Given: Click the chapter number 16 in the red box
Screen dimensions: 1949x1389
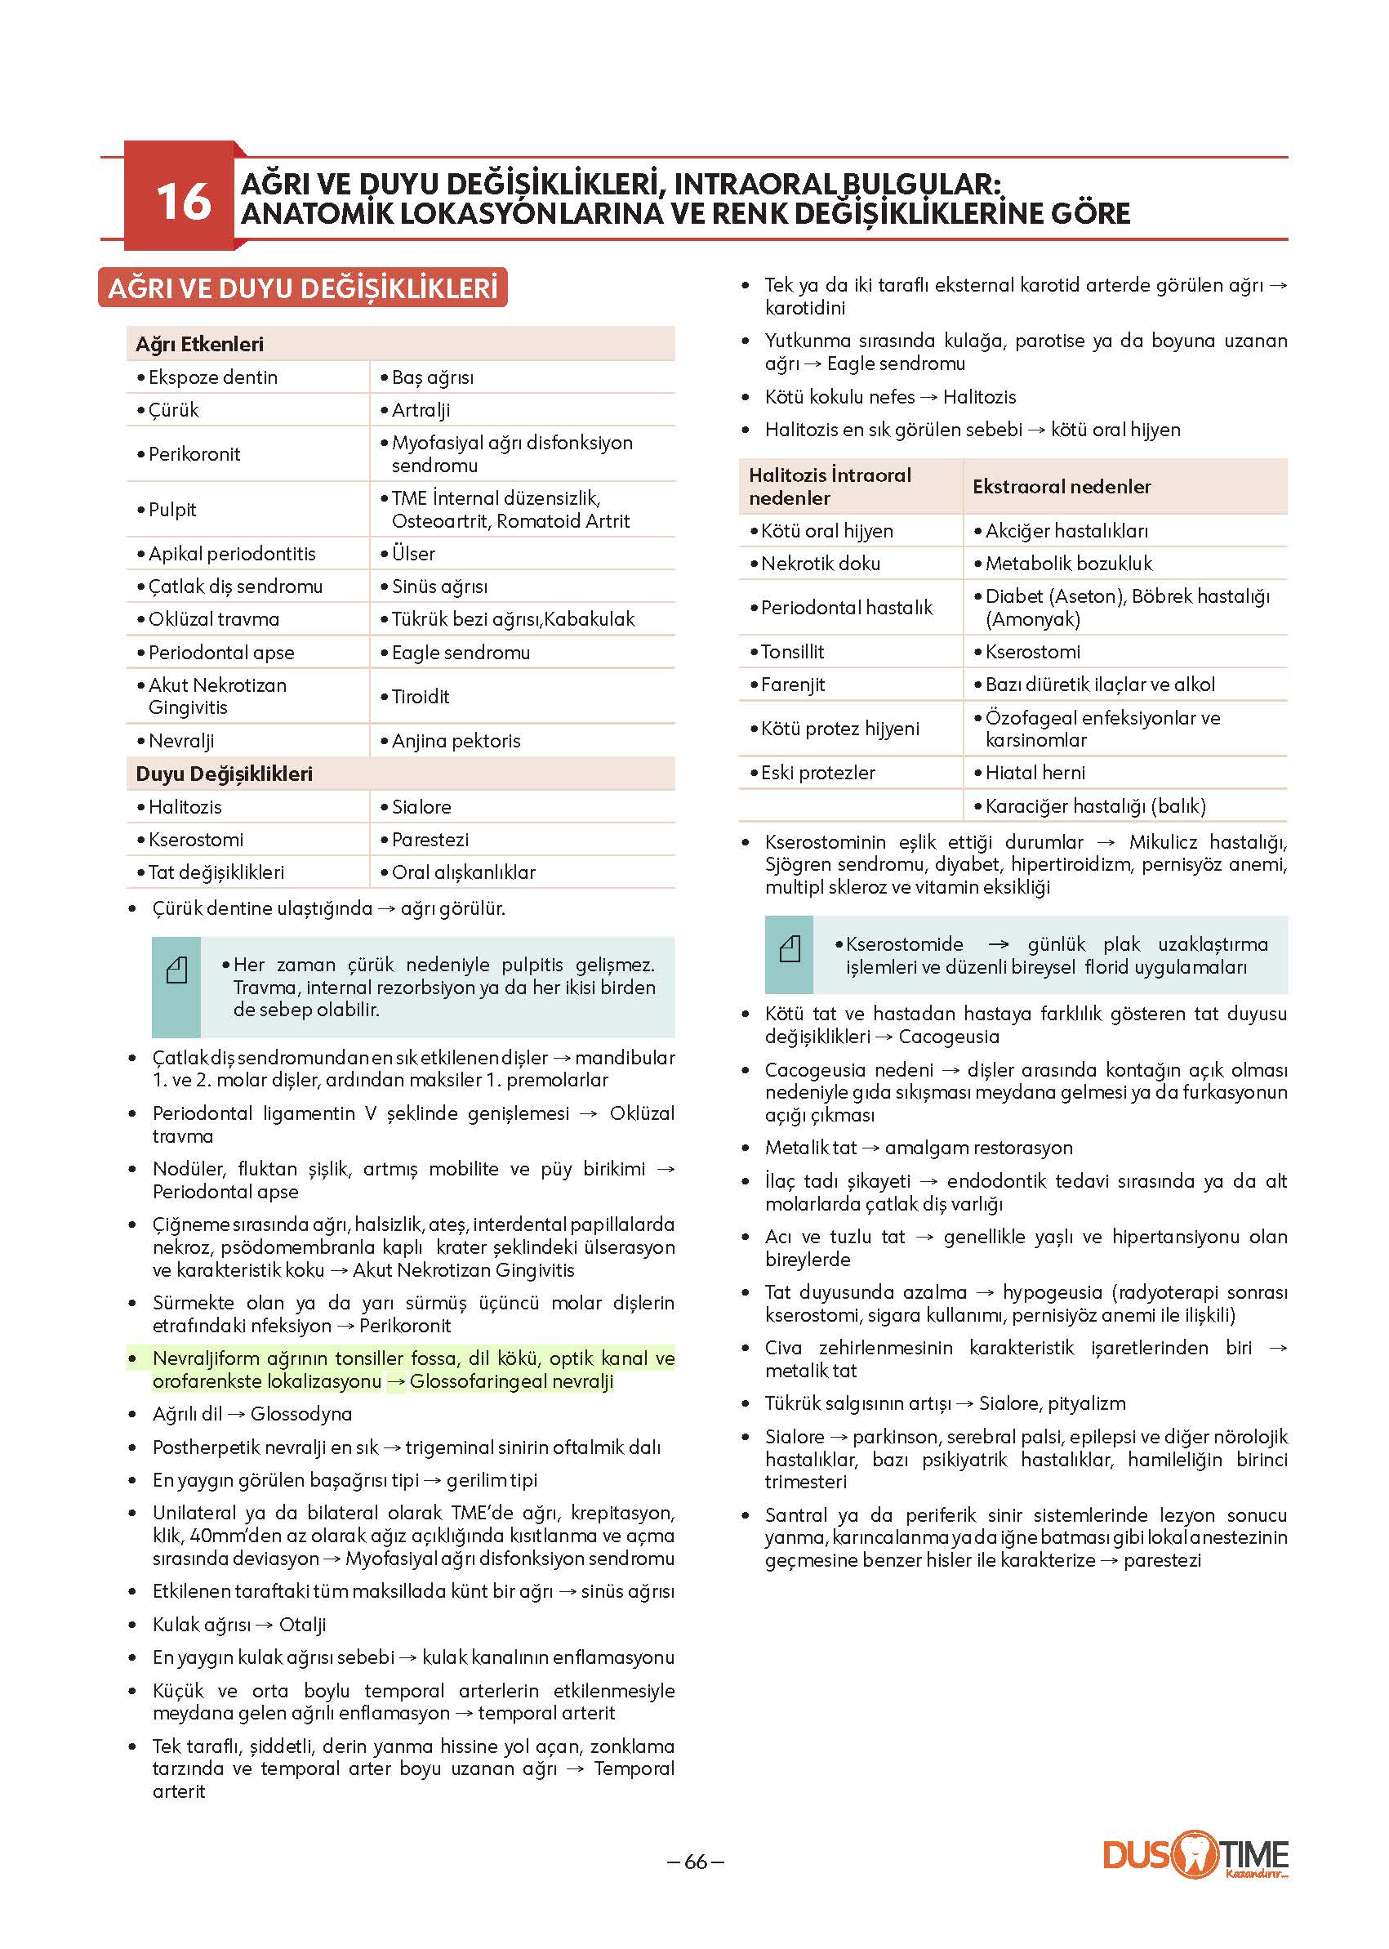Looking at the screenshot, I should [x=183, y=202].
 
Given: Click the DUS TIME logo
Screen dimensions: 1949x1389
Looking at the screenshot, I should [x=1195, y=1855].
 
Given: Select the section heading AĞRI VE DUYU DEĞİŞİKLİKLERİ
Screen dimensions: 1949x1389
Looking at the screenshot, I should [x=303, y=288].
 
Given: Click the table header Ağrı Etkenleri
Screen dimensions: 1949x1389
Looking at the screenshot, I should [x=199, y=344].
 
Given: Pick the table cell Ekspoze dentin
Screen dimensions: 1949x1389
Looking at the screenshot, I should [x=213, y=377].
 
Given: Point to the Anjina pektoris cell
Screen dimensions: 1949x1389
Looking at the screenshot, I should [x=456, y=741].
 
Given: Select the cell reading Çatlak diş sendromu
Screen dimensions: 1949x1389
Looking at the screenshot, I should [x=235, y=586].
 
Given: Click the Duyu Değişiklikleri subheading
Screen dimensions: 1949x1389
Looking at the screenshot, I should [x=224, y=774].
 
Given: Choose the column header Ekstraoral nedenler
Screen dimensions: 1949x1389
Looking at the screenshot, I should [x=1062, y=486].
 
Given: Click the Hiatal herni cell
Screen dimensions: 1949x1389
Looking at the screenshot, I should [x=1035, y=773].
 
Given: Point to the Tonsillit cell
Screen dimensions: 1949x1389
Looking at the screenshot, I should [x=792, y=652].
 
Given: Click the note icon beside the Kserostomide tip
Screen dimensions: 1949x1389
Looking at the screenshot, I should [x=790, y=949].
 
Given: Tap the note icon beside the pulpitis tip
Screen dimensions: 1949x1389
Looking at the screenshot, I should [x=176, y=970].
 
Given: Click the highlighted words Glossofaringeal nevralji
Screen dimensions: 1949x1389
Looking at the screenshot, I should [x=511, y=1381].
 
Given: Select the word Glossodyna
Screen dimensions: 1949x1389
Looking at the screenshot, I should [x=301, y=1414].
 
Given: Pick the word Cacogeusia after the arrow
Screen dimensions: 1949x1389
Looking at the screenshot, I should [x=949, y=1036].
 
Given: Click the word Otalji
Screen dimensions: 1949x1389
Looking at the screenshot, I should [x=303, y=1625].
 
